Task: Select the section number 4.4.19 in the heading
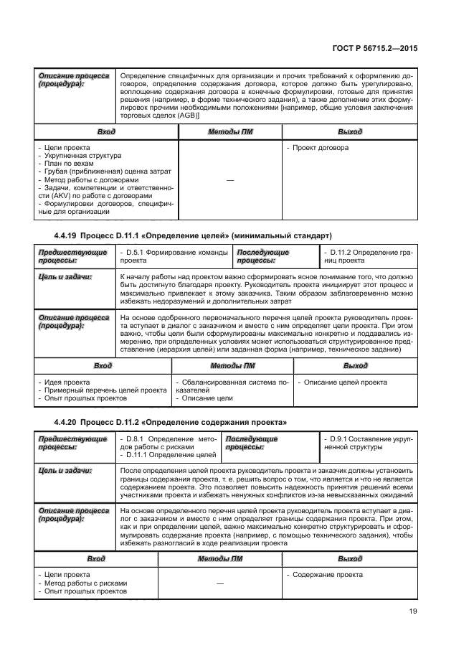point(68,236)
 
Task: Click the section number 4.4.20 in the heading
point(68,421)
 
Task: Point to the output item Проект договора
point(321,148)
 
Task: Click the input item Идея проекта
point(66,383)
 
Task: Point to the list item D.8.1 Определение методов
point(169,438)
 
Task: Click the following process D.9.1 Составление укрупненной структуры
point(366,443)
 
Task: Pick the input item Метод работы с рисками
point(85,583)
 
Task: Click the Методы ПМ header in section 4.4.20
point(220,558)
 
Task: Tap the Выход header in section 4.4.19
point(355,366)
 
